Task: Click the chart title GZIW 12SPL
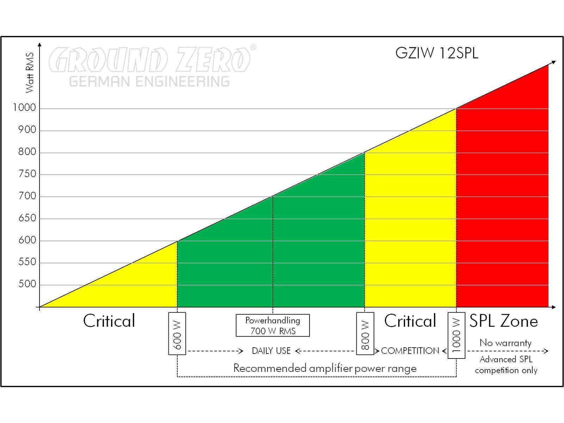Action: pos(436,53)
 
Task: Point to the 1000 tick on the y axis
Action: pos(25,108)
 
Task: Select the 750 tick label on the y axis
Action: pos(27,174)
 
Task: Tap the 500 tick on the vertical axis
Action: pos(27,284)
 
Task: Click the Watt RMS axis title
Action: pos(30,73)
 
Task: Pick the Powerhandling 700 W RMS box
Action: pos(272,325)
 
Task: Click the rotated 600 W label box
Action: pos(177,333)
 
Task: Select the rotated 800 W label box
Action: pos(365,333)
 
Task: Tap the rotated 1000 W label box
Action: pos(456,335)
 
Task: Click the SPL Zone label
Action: pos(503,321)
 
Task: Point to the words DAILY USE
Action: pos(271,351)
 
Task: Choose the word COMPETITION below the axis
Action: pos(410,351)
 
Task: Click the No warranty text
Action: pos(505,343)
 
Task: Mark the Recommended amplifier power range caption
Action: pos(325,368)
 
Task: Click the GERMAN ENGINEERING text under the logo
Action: pos(149,81)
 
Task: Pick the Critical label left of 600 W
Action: pos(109,321)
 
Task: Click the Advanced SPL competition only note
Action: pos(506,365)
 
